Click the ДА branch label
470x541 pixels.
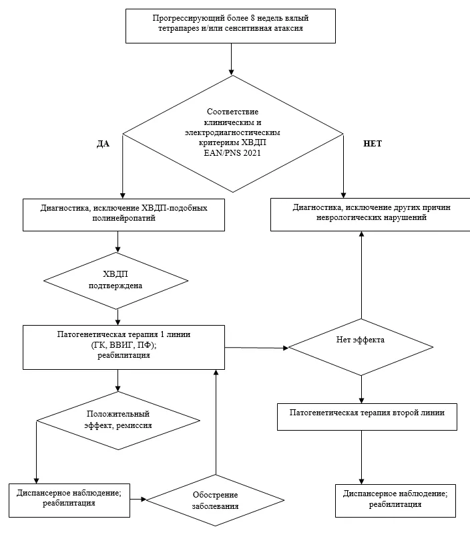click(103, 144)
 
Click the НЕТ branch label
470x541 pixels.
click(373, 144)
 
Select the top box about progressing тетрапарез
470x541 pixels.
click(230, 26)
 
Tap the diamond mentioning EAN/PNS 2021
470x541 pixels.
click(233, 134)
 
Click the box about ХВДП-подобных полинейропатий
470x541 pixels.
click(124, 215)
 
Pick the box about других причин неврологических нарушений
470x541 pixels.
click(371, 214)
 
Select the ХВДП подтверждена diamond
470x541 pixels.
click(115, 281)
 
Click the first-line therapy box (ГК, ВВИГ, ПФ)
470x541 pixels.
click(124, 347)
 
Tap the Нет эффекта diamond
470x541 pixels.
click(361, 347)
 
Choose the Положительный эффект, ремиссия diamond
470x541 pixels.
click(118, 421)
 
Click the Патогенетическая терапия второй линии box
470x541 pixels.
click(367, 417)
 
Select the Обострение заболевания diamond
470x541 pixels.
click(216, 500)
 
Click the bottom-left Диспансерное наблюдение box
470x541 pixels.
click(69, 500)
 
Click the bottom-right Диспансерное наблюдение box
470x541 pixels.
click(396, 501)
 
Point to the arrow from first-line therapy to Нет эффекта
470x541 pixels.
click(257, 348)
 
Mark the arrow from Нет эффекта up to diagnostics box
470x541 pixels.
click(361, 275)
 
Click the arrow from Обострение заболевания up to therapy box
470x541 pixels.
click(216, 422)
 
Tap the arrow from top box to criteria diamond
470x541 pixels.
click(231, 59)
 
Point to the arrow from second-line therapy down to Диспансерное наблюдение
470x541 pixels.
click(361, 457)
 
